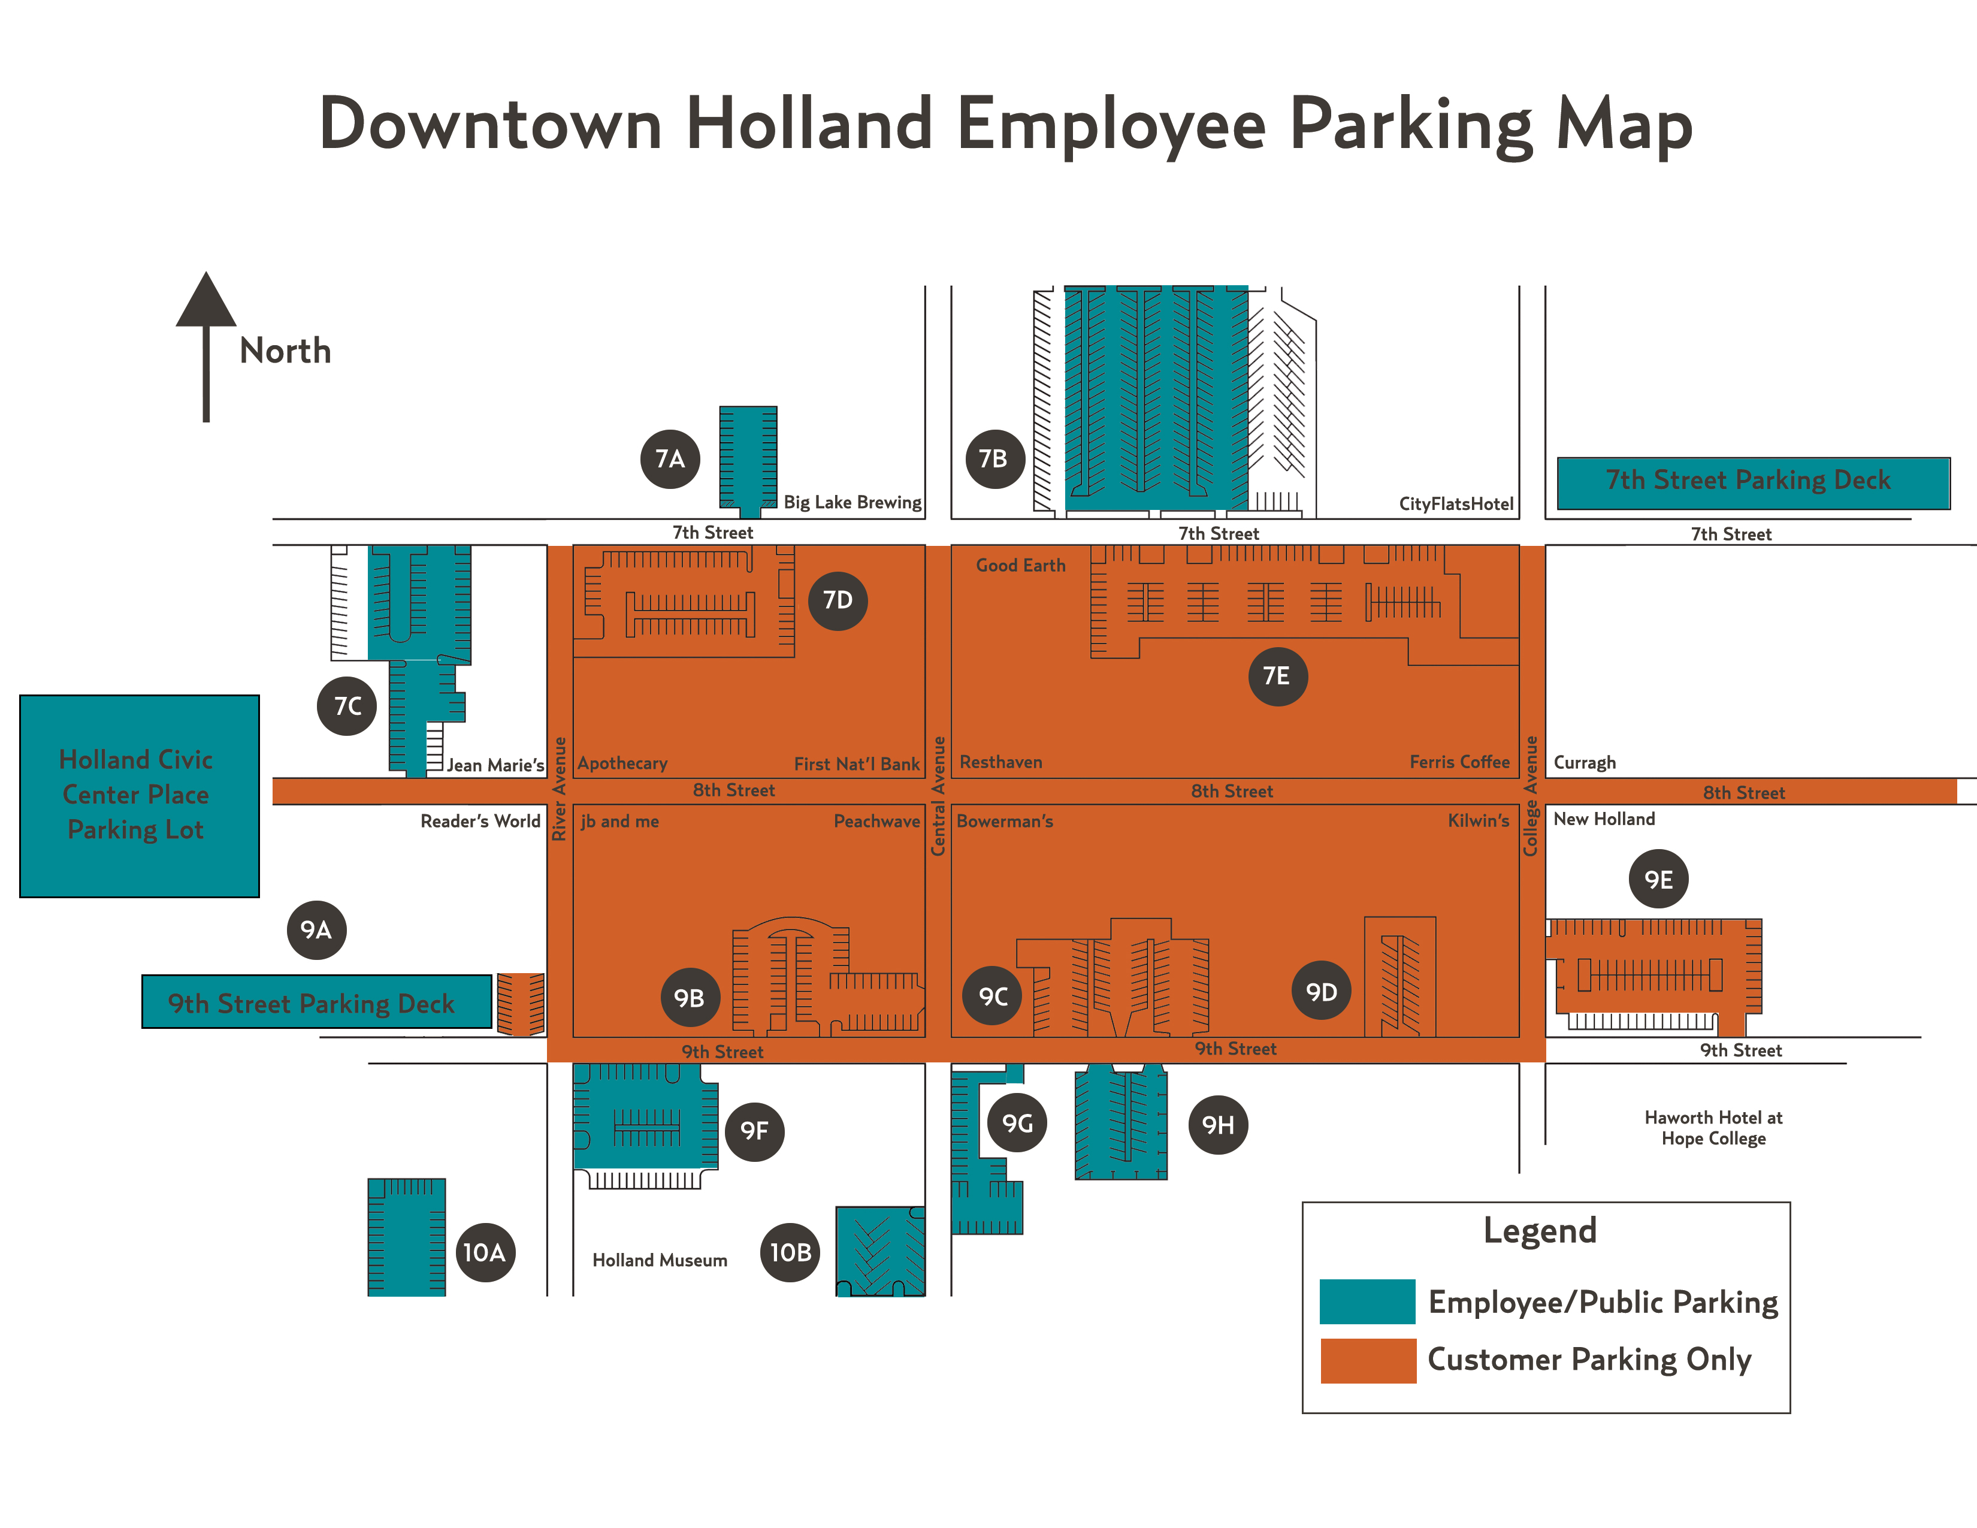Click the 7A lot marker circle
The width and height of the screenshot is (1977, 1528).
click(x=670, y=459)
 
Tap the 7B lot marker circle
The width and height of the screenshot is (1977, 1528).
click(x=994, y=459)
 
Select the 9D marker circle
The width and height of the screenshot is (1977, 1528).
click(x=1322, y=991)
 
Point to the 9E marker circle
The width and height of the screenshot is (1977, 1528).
click(x=1658, y=879)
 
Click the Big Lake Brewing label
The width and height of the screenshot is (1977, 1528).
click(x=852, y=502)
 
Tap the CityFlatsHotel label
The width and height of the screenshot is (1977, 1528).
click(x=1456, y=504)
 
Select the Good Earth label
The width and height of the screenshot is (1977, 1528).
click(x=1020, y=566)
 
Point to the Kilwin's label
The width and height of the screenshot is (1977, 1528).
click(x=1478, y=821)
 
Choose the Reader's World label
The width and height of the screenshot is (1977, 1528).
click(x=480, y=821)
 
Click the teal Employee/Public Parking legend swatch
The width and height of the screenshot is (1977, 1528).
click(x=1367, y=1301)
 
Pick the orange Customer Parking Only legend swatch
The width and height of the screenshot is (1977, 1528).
click(x=1367, y=1360)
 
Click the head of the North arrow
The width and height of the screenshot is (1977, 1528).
click(x=207, y=301)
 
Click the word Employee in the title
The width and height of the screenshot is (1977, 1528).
click(x=1111, y=124)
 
